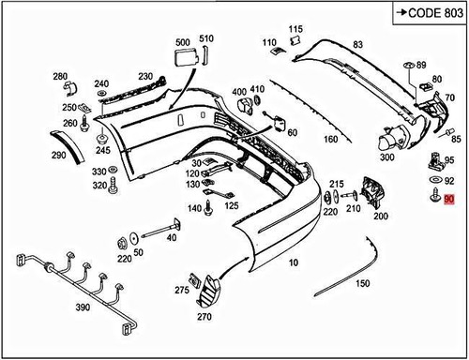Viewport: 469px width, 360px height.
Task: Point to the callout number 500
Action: tap(182, 42)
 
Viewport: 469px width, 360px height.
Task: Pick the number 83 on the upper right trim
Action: tap(357, 45)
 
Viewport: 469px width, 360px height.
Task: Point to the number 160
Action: tap(330, 140)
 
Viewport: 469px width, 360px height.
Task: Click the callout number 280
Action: tap(60, 76)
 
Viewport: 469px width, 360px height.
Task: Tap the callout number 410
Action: tap(257, 90)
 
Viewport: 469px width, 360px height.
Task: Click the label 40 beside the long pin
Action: tap(172, 238)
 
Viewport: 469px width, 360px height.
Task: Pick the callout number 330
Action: tap(98, 172)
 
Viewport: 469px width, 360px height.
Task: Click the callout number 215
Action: tap(337, 184)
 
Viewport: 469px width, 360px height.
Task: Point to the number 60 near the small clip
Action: tap(292, 132)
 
